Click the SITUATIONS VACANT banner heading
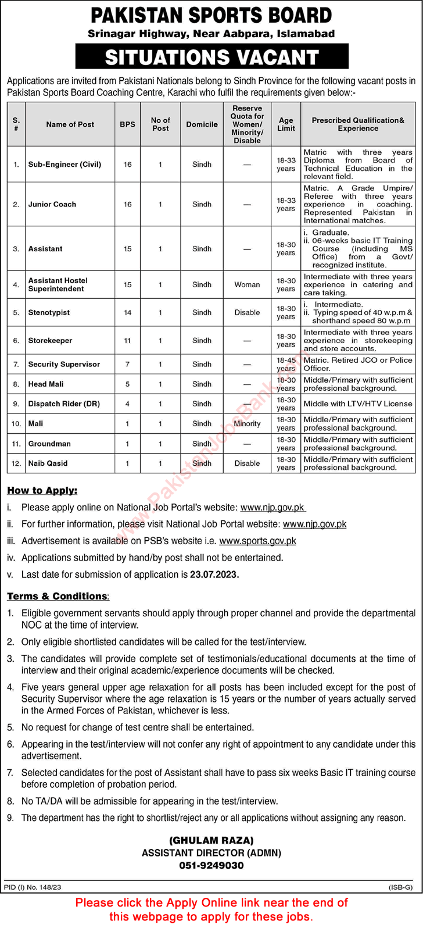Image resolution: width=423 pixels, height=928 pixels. (x=212, y=57)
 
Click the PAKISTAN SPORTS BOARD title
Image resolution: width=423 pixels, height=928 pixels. (x=212, y=15)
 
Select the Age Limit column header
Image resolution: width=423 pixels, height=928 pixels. (x=286, y=124)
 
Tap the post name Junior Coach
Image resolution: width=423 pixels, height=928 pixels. (x=52, y=204)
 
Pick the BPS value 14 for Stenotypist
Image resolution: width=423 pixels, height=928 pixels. (x=127, y=312)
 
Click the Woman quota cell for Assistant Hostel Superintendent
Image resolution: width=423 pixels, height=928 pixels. (x=247, y=284)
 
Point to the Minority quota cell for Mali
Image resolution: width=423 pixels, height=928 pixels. (x=247, y=424)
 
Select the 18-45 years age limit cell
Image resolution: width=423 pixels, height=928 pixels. (x=286, y=364)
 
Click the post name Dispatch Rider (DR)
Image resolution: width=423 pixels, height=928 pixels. (x=59, y=404)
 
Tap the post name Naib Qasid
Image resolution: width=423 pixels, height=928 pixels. (x=48, y=463)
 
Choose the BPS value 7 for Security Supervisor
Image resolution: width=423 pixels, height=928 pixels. (x=127, y=364)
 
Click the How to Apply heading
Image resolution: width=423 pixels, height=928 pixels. (x=42, y=491)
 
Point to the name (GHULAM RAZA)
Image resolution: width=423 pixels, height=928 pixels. (x=211, y=841)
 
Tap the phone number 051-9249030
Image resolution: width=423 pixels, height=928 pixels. (x=211, y=865)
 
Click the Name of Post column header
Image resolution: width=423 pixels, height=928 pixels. (x=70, y=124)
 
